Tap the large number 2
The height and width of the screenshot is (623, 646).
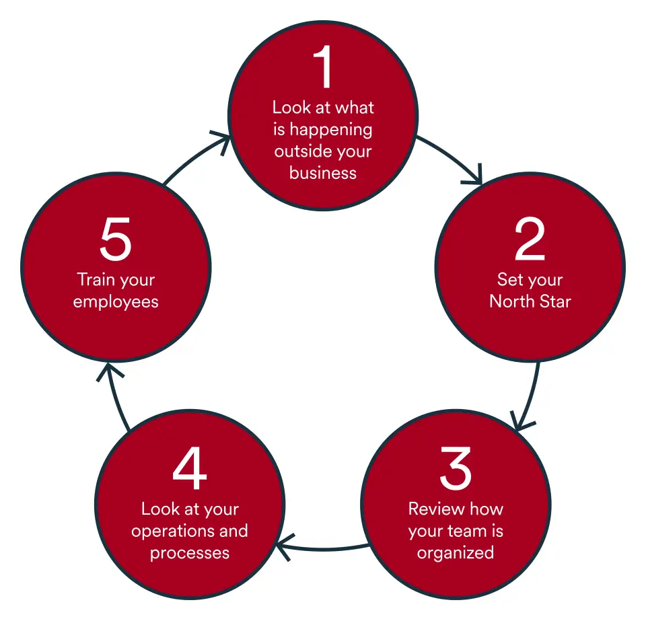[530, 240]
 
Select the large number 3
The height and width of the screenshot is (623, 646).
[456, 469]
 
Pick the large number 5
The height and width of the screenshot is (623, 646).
[115, 240]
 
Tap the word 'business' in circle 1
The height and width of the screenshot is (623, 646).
[323, 173]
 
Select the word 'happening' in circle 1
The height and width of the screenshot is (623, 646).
[331, 129]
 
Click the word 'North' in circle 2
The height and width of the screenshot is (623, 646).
[510, 301]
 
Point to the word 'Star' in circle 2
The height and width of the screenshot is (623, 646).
[554, 301]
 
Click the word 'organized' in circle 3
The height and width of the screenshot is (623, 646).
[456, 553]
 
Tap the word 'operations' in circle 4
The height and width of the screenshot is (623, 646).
[171, 531]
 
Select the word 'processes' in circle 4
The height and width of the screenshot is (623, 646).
[189, 553]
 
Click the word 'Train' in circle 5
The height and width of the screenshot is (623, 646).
[94, 279]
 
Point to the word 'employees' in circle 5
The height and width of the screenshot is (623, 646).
[115, 301]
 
